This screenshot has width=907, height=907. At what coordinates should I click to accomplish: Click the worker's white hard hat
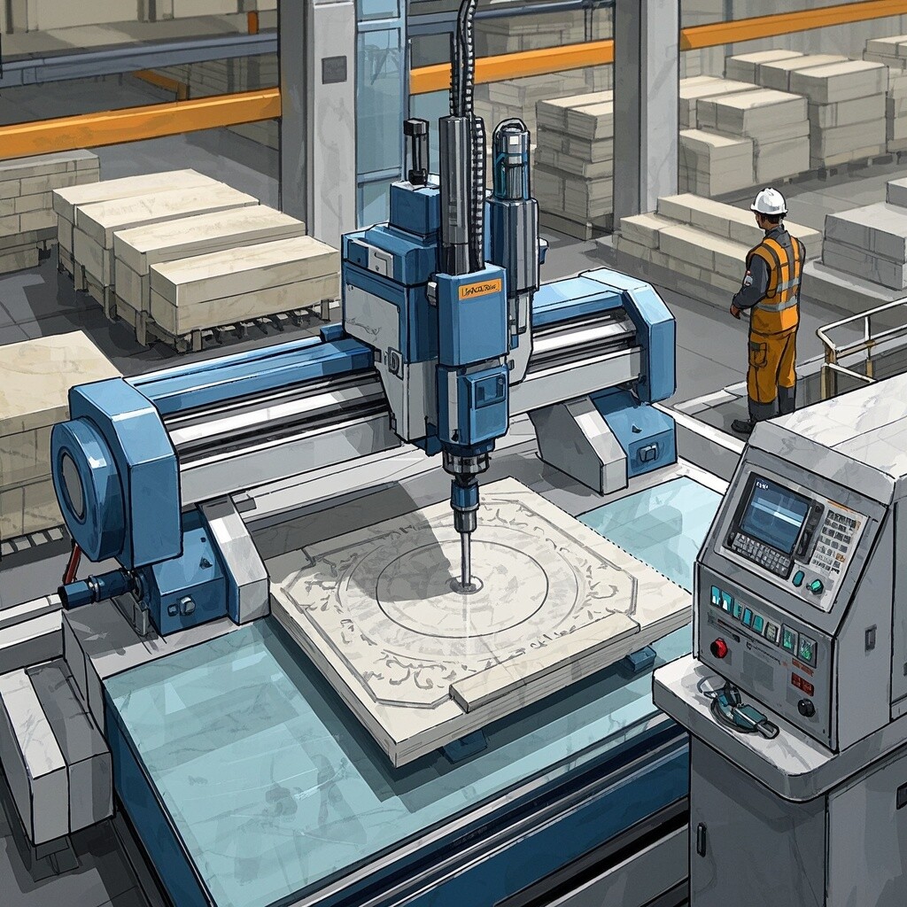[769, 201]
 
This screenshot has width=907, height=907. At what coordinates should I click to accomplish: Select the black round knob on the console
[806, 707]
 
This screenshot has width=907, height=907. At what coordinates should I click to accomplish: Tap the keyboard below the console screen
[756, 554]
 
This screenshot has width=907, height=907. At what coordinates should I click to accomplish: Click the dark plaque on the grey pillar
[334, 69]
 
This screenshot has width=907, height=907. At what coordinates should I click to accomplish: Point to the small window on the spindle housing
[489, 390]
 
